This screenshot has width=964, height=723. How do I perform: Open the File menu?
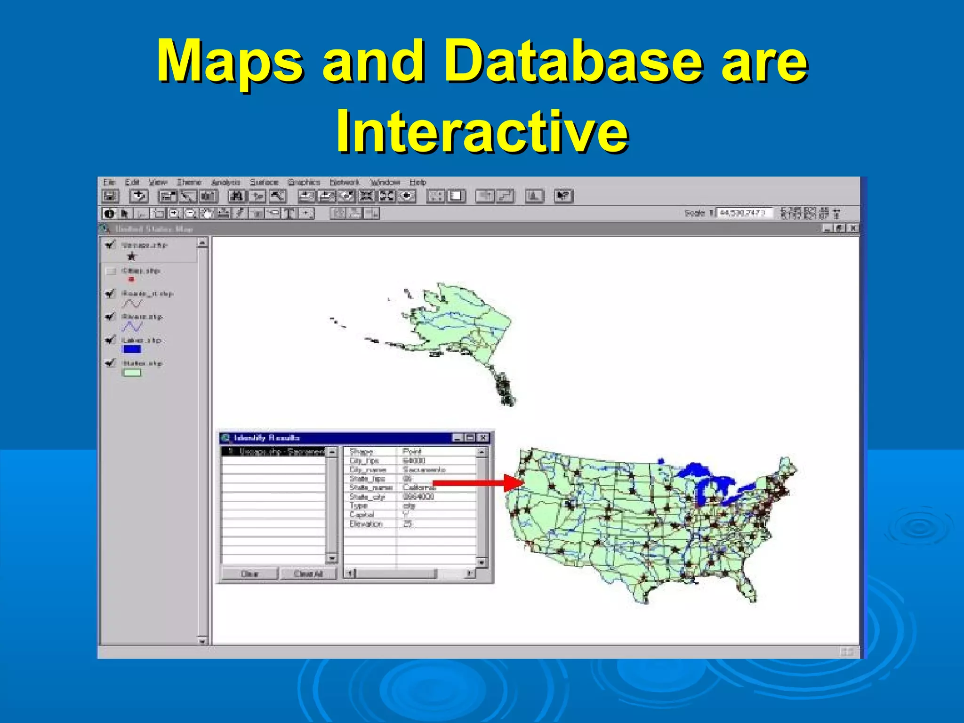[x=109, y=182]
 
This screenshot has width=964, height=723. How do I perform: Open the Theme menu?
[x=189, y=182]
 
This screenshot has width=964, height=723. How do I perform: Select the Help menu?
[x=418, y=182]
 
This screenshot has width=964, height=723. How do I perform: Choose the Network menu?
[x=344, y=182]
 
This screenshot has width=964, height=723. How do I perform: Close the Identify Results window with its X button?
[x=483, y=438]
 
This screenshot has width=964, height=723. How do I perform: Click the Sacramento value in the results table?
[x=424, y=470]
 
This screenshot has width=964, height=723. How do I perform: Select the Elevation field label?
[x=366, y=524]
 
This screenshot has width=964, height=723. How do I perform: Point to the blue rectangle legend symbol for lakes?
[x=131, y=349]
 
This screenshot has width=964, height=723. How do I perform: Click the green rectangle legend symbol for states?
[x=131, y=373]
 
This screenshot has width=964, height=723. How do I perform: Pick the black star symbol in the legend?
[x=131, y=257]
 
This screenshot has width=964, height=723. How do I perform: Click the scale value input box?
[x=744, y=213]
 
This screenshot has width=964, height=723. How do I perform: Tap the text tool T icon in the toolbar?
[x=289, y=214]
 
